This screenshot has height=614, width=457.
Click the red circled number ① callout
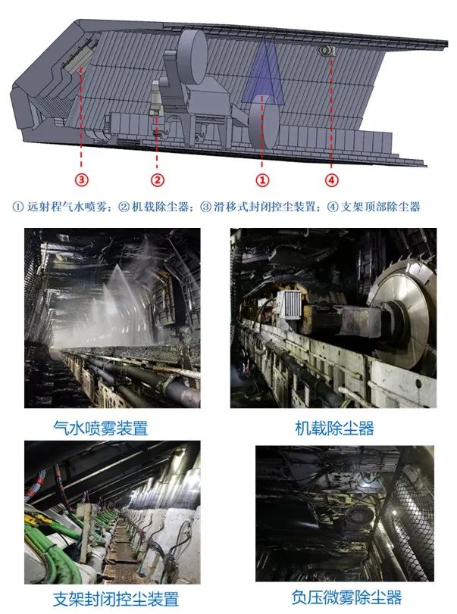click(x=262, y=180)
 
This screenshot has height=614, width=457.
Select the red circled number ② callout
click(x=157, y=180)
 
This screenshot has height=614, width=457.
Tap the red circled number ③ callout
click(x=82, y=180)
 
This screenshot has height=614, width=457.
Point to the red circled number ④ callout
click(x=332, y=180)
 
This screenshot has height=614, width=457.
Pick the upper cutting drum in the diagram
click(x=193, y=58)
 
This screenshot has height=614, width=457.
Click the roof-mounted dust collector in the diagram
click(x=326, y=50)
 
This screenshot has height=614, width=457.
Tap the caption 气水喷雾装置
click(x=101, y=428)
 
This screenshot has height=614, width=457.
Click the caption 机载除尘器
click(x=334, y=428)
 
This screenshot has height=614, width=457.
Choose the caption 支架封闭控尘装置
click(x=116, y=599)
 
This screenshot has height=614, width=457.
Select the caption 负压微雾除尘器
click(x=346, y=597)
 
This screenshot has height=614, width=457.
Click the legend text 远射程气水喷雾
click(x=67, y=207)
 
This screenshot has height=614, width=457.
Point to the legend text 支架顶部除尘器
click(x=380, y=207)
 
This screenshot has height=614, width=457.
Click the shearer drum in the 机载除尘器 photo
click(x=404, y=313)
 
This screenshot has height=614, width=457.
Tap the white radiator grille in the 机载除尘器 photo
click(x=290, y=304)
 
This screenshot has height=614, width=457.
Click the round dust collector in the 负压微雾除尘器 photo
click(x=356, y=516)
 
